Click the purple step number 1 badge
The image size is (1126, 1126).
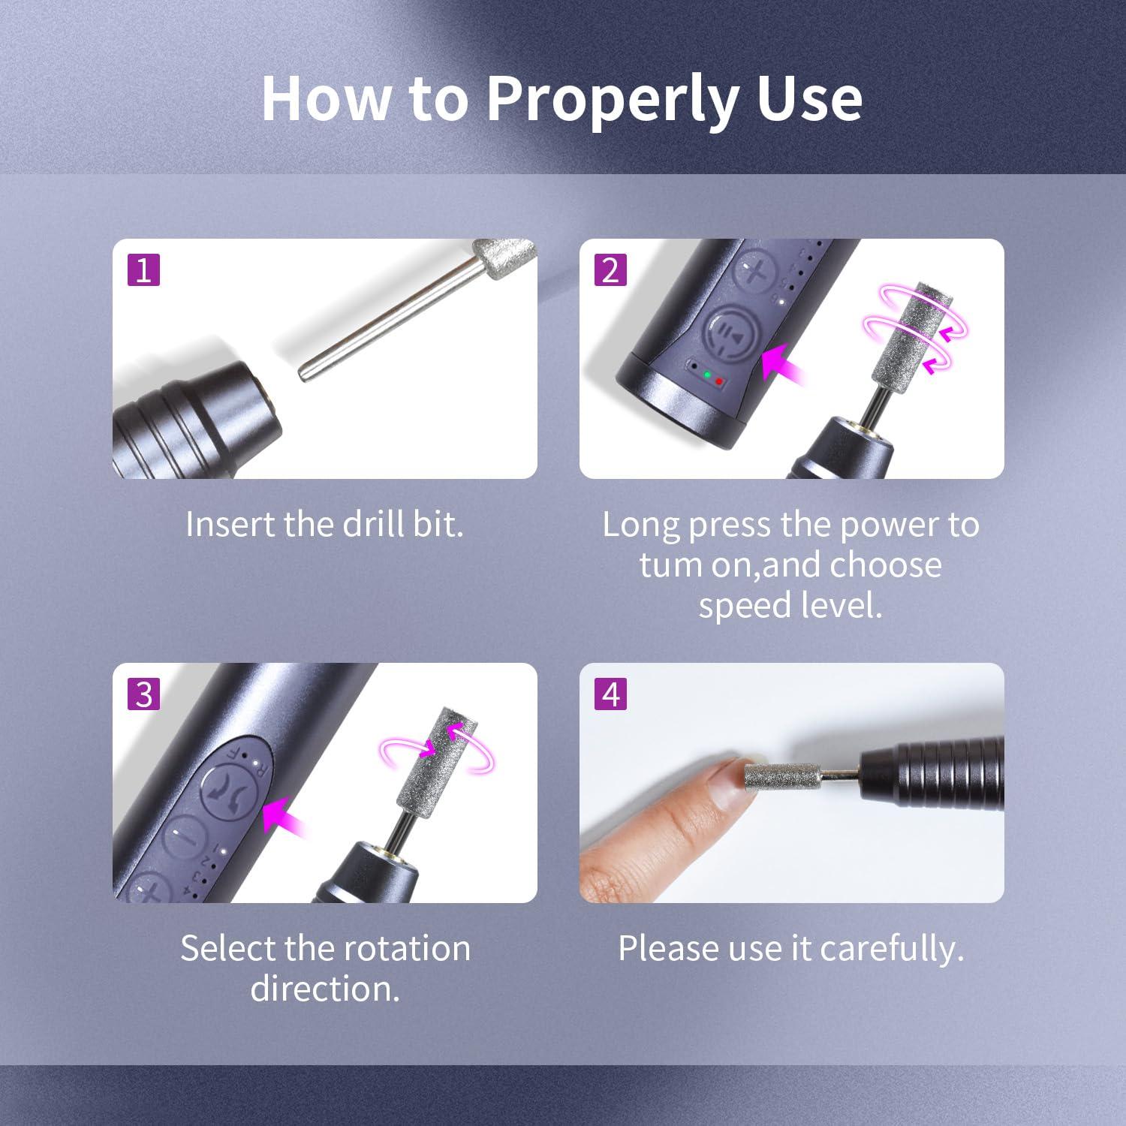click(x=144, y=269)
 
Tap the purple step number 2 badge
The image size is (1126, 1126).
click(x=611, y=269)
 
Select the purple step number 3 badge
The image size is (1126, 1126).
click(x=144, y=694)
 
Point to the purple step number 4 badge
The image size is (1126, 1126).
click(x=611, y=694)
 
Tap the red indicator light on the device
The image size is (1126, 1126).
click(x=718, y=381)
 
